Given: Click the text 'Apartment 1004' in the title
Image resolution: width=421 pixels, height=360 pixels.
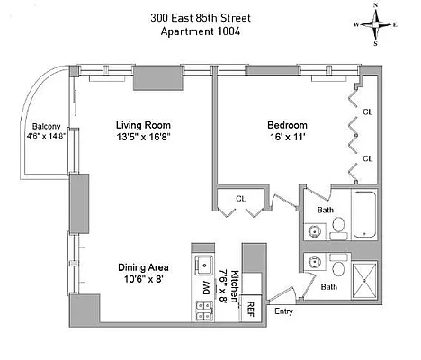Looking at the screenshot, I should (x=200, y=32).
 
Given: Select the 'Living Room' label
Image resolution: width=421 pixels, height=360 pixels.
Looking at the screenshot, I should (x=143, y=125).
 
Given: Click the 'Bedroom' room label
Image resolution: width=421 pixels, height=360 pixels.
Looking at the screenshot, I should (x=287, y=125).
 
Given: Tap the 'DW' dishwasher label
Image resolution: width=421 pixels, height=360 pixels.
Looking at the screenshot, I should (x=206, y=288).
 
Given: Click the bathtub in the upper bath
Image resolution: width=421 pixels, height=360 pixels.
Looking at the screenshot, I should (x=364, y=216).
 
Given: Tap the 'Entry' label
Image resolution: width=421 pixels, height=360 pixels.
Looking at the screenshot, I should (x=282, y=311).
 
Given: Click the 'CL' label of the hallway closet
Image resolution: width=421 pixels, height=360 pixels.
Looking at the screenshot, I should (x=241, y=198).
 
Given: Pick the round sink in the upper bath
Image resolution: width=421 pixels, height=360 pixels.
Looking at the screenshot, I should (x=314, y=230).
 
